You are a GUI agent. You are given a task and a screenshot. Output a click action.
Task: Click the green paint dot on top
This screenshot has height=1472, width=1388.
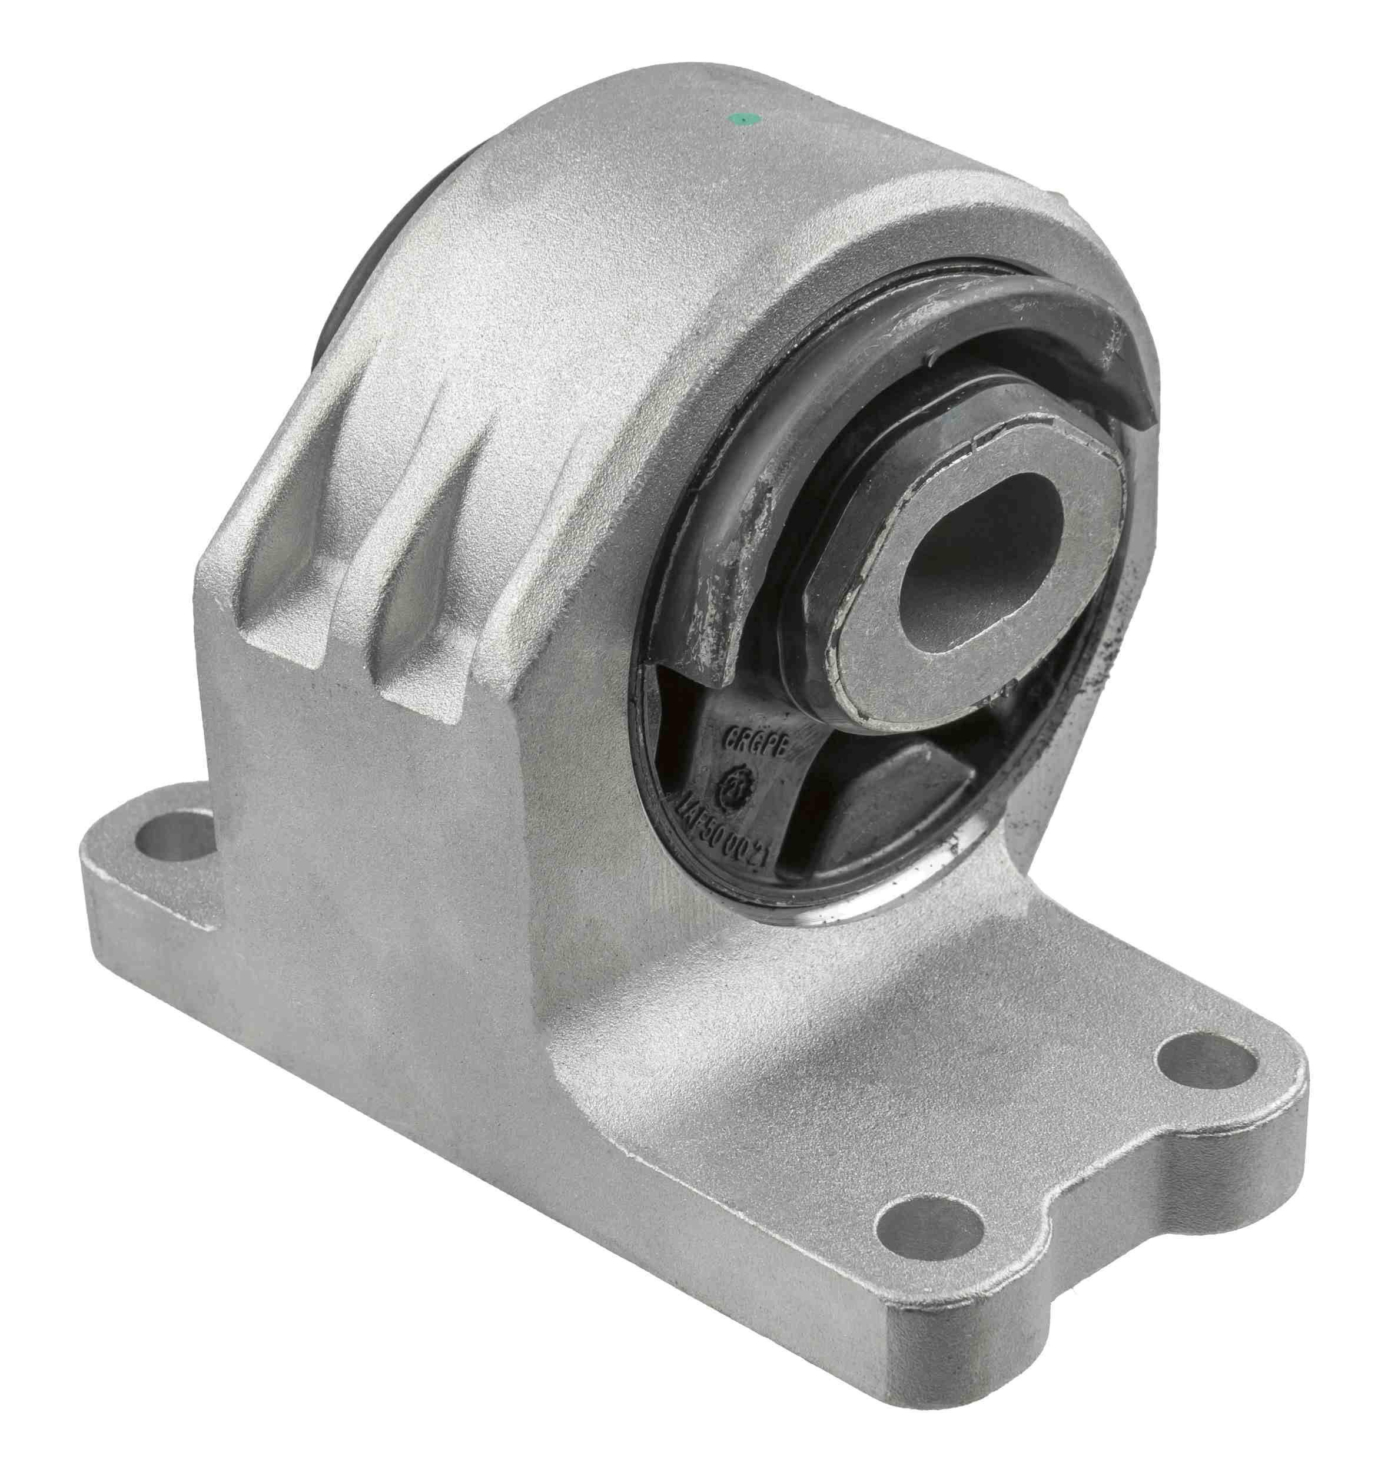tap(738, 118)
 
